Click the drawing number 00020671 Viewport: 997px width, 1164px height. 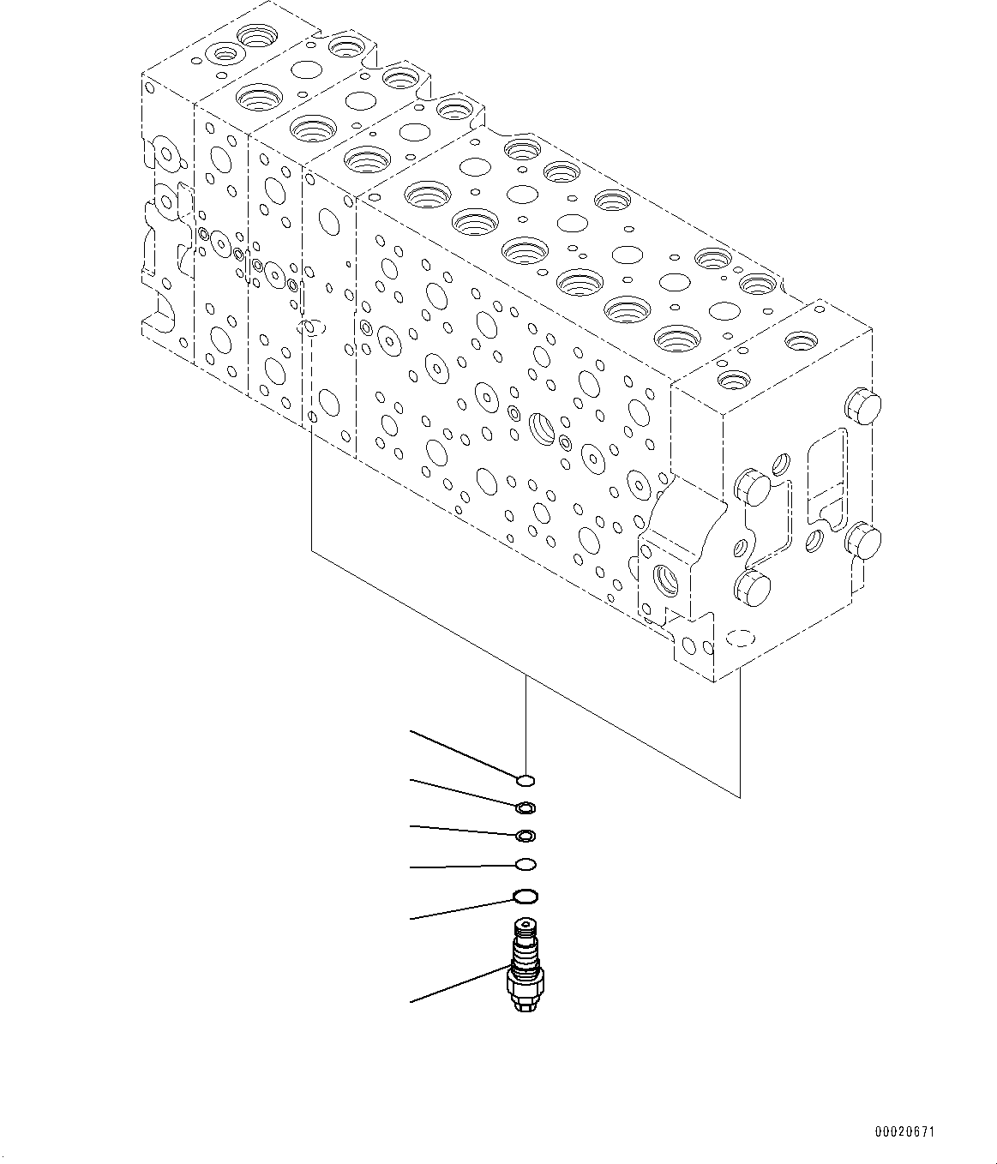(905, 1133)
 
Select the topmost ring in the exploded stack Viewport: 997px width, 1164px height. (526, 779)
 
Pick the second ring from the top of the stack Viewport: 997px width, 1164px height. (526, 807)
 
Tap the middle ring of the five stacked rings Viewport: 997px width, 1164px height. (526, 836)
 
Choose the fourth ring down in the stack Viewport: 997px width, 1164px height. (526, 864)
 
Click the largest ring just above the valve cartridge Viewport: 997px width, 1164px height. (526, 897)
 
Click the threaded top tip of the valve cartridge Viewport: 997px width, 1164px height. (523, 928)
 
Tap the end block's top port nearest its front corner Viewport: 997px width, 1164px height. (733, 379)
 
